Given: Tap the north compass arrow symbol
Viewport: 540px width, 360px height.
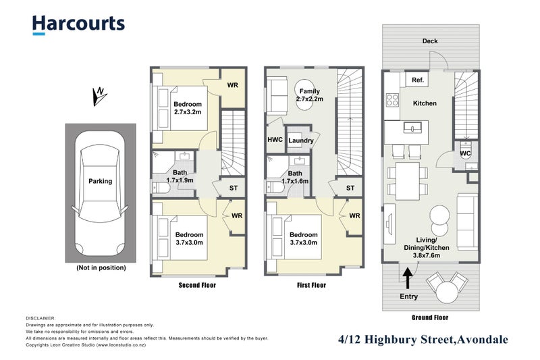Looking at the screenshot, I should point(99,96).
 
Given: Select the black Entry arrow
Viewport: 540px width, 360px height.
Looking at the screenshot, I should point(408,276).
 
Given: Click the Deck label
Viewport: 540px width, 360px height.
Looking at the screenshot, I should point(430,41).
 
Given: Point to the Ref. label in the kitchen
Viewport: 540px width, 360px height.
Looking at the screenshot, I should point(417,80).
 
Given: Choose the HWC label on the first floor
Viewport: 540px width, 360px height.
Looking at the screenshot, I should point(275,140).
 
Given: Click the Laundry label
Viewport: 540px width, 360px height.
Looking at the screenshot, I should point(300,140).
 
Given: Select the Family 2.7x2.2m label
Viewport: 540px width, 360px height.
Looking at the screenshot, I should point(310,95).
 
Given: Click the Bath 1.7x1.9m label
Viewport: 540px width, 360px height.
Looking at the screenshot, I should point(180,176).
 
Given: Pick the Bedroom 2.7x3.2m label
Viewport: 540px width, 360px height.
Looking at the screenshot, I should point(187,108).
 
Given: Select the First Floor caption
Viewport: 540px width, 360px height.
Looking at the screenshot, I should point(310,285).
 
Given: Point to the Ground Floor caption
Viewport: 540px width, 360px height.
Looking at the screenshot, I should point(429,317).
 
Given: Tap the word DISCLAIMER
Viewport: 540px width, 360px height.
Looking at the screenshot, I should point(41,317).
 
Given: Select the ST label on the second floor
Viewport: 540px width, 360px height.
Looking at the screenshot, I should point(234,188).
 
